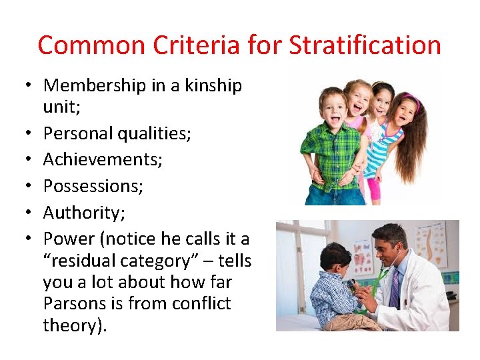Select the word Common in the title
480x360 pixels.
click(x=90, y=45)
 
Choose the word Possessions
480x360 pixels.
click(x=93, y=186)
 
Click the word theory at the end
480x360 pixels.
click(x=73, y=325)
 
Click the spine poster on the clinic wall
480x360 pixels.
click(x=428, y=246)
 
